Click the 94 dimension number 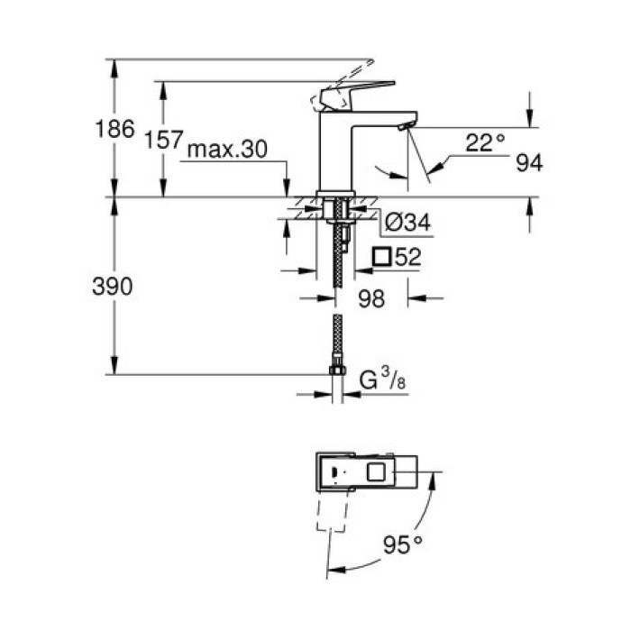point(529,162)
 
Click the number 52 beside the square point(408,257)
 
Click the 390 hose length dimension point(114,287)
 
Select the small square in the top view point(377,471)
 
